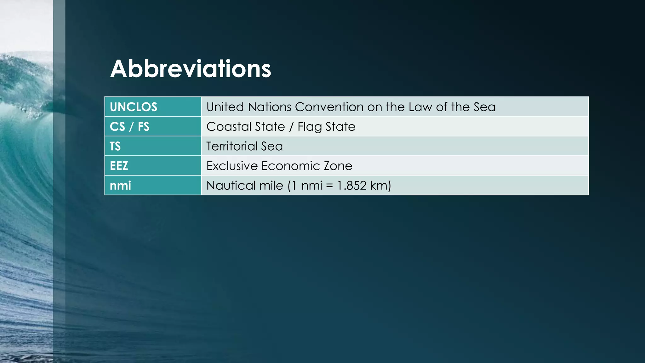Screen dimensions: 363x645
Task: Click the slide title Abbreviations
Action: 191,69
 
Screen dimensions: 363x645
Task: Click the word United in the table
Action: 225,107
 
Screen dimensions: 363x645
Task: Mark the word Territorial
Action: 232,146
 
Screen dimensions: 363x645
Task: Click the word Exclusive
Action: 232,166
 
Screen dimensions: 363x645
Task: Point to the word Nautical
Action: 226,186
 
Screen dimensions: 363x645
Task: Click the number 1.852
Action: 352,186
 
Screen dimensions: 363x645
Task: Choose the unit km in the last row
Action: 380,186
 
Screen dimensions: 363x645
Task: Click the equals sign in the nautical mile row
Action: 329,186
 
